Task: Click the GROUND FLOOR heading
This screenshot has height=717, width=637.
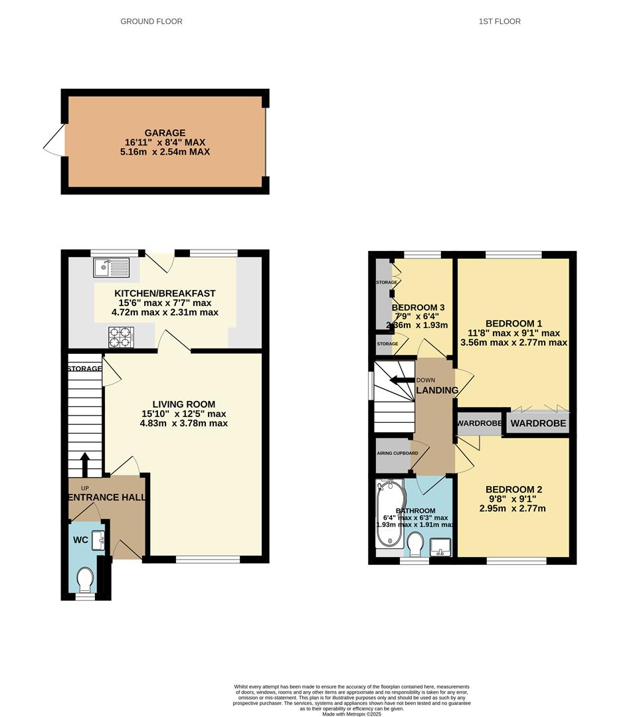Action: tap(151, 21)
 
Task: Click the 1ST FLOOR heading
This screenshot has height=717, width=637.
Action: tap(500, 21)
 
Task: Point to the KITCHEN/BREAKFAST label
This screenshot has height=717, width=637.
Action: tap(165, 293)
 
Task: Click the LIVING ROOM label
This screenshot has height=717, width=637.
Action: tap(184, 404)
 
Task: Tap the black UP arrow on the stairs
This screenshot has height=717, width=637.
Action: tap(85, 461)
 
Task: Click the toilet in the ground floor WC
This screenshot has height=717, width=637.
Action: tap(85, 579)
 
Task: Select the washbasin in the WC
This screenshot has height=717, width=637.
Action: tap(99, 540)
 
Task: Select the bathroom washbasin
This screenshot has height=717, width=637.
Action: tap(440, 548)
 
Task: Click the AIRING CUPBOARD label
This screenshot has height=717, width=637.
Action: tap(397, 453)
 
